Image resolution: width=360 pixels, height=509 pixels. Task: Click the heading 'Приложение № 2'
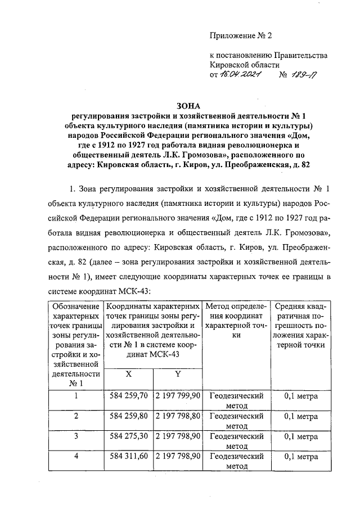point(240,37)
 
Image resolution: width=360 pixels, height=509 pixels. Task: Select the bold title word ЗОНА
point(188,105)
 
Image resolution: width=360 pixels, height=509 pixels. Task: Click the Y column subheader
point(178,375)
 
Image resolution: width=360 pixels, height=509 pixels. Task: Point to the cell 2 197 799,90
point(178,396)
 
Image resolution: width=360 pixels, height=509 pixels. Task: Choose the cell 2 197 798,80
point(178,416)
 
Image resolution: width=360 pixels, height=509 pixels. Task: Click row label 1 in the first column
point(76,396)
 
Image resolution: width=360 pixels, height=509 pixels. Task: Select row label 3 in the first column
point(76,436)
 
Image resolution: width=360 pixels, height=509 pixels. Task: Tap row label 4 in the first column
point(76,457)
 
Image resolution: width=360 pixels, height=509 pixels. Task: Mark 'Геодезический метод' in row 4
point(236,461)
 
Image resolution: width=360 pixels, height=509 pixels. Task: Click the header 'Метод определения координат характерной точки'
point(236,321)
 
